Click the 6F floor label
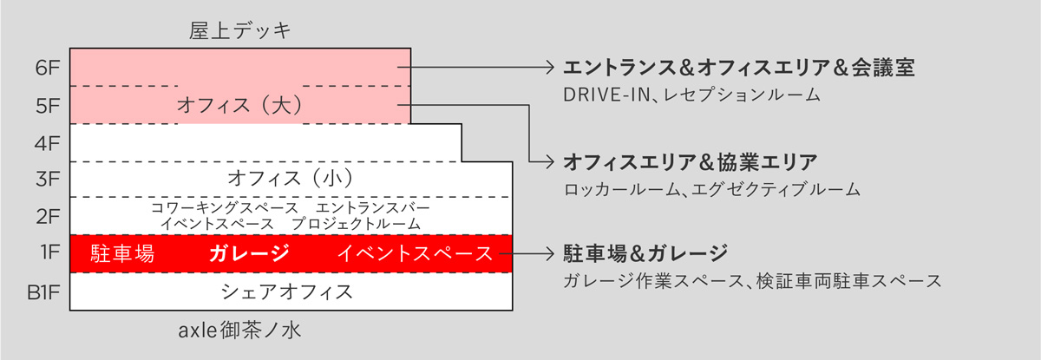(47, 68)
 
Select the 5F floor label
(47, 105)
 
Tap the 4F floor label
(47, 142)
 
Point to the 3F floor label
(47, 179)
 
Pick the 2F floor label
(47, 215)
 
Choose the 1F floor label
(49, 252)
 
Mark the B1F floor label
(43, 290)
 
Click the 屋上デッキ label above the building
(240, 31)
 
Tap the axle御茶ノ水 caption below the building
(240, 331)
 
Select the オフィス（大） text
(239, 105)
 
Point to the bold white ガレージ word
(248, 253)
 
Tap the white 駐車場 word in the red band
(122, 253)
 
